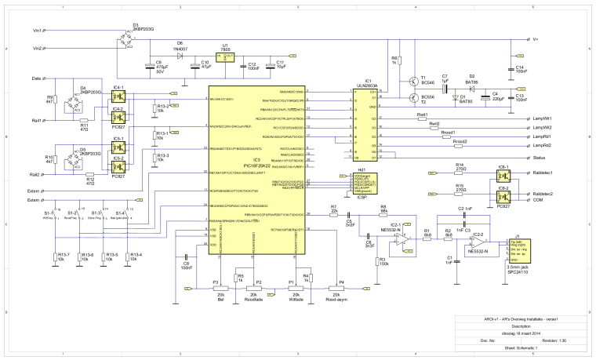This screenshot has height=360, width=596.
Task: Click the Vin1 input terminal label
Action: [36, 31]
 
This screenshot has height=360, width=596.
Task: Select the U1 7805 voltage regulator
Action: [227, 56]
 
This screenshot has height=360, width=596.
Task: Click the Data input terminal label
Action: [36, 79]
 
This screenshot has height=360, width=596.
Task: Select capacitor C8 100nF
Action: [185, 258]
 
